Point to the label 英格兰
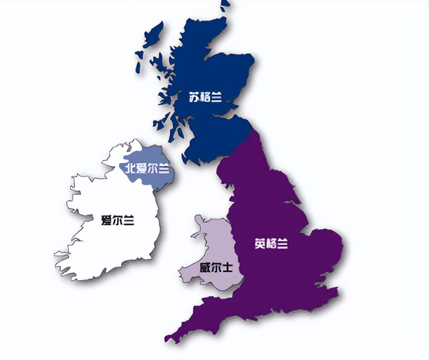tap(271, 244)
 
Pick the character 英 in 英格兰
tap(260, 244)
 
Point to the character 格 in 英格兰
tap(271, 244)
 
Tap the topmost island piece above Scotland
tap(225, 5)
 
